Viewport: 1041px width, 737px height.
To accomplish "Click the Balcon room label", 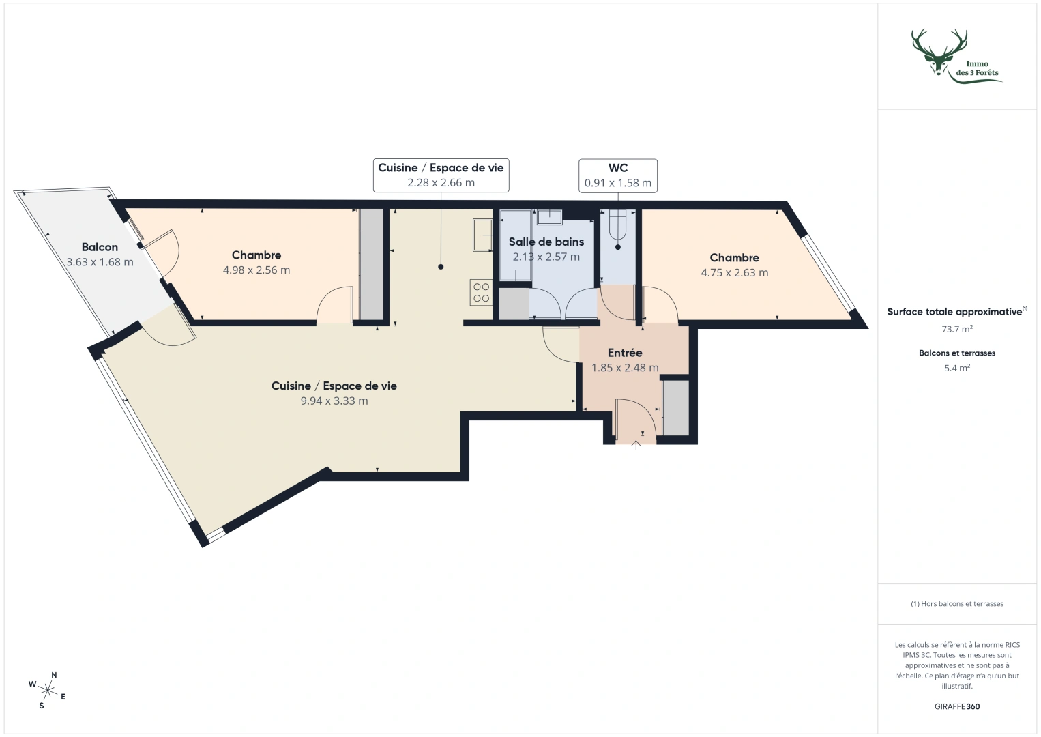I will [x=100, y=247].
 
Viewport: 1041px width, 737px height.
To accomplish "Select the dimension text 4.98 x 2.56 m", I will [x=256, y=270].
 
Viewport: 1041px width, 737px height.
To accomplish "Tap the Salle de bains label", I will [x=546, y=242].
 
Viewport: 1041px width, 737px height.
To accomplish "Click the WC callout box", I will [x=617, y=175].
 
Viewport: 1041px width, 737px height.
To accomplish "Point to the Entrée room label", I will [x=625, y=353].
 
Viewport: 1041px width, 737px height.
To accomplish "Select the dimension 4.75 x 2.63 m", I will [x=734, y=273].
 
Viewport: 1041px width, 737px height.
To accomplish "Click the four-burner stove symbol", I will [x=481, y=293].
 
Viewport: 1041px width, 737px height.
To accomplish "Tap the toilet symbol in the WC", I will [x=618, y=225].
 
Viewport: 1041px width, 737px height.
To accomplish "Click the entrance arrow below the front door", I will [x=636, y=446].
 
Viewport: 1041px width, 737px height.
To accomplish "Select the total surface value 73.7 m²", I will [x=956, y=328].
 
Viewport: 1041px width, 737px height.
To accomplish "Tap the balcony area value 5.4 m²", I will [x=956, y=368].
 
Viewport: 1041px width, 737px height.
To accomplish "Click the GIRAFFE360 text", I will [x=956, y=706].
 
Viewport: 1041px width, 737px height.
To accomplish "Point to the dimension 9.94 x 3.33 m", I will [x=334, y=401].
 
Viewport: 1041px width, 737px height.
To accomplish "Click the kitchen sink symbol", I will [x=483, y=235].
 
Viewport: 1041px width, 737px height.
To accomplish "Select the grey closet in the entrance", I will [x=675, y=407].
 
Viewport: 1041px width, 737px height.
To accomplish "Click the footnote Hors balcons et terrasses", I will [x=956, y=604].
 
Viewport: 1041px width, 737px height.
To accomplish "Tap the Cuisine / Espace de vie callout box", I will [x=441, y=175].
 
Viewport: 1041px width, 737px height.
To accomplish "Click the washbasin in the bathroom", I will [x=549, y=217].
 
